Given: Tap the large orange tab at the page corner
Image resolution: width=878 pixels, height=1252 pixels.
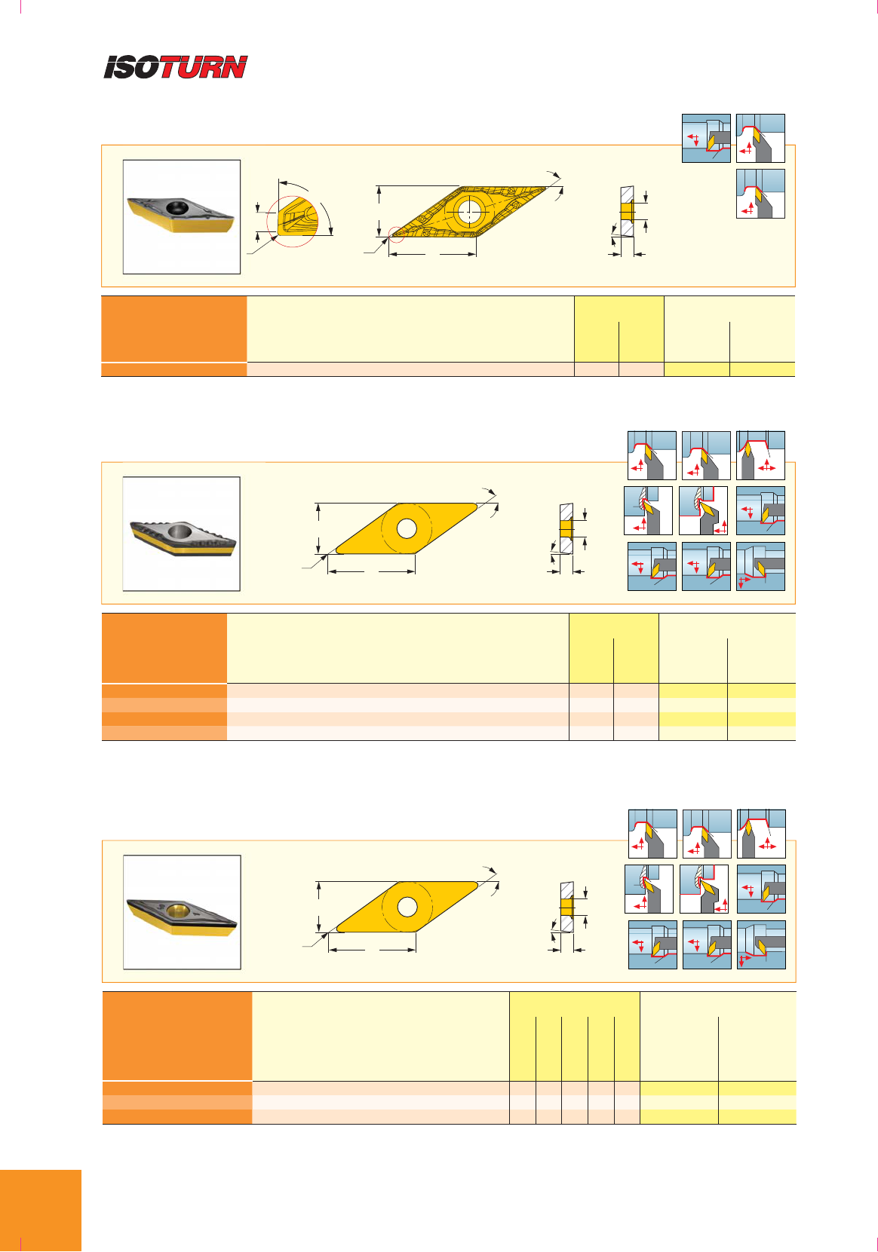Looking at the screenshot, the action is (x=40, y=1210).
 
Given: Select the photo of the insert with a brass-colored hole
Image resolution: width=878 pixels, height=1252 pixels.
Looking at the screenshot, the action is (x=182, y=911).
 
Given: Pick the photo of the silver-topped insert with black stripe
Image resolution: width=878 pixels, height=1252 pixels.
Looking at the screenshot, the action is (x=181, y=534).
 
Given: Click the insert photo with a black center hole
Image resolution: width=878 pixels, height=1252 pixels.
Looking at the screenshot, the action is (x=182, y=217).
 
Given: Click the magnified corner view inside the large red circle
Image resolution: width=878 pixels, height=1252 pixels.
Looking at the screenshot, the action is (x=293, y=222).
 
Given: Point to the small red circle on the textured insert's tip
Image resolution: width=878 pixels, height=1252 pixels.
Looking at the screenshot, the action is (x=397, y=234).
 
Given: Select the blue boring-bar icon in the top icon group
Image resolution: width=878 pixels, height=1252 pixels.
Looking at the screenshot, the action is (x=706, y=139).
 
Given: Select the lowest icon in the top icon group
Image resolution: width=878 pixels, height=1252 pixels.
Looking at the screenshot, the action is (x=760, y=194).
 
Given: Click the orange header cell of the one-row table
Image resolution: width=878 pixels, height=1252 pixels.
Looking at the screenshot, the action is (x=174, y=329).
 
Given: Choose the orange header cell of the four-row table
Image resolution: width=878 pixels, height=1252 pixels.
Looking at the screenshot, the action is (x=164, y=647).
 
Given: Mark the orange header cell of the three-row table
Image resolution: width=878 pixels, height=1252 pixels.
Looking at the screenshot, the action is (x=177, y=1036).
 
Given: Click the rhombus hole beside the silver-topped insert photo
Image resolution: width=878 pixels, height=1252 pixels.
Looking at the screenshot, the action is (x=407, y=528).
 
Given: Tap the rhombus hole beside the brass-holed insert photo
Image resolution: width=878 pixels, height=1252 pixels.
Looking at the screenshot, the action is (x=407, y=907).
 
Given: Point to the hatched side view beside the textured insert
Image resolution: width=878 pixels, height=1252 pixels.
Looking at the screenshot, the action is (x=627, y=211).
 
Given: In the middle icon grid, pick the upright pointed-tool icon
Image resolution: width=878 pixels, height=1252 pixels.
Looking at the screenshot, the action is (x=760, y=455).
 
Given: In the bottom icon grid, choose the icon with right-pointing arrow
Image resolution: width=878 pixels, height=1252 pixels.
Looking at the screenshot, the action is (x=761, y=944).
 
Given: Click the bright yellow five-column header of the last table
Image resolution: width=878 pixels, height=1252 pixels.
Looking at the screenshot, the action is (x=574, y=1036).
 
